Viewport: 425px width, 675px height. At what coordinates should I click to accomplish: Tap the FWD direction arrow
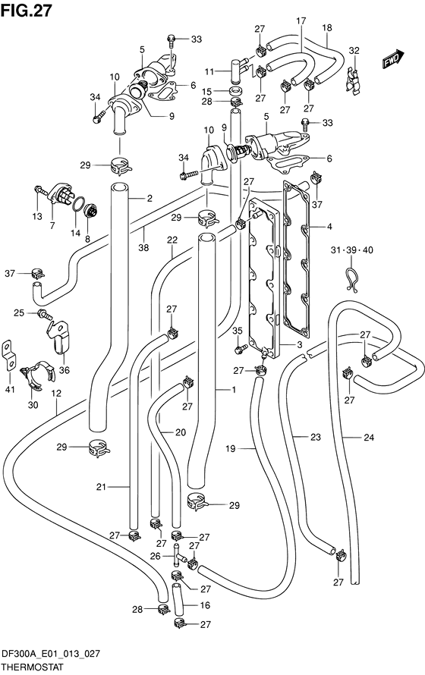(393, 58)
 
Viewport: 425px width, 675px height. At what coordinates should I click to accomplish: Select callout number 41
(10, 390)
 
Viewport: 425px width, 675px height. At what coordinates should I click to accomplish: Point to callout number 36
(65, 370)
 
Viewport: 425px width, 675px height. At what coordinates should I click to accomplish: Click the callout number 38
(143, 247)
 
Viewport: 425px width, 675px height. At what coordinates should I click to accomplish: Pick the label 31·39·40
(352, 250)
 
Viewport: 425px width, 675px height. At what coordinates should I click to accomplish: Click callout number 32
(354, 50)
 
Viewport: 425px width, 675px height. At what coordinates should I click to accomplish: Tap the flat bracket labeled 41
(9, 355)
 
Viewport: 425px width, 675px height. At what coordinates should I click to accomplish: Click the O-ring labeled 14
(78, 205)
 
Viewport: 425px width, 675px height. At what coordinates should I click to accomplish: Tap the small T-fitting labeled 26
(178, 555)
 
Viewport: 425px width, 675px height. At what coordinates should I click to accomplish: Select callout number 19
(231, 449)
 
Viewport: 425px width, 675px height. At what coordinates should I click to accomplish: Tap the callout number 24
(369, 438)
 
